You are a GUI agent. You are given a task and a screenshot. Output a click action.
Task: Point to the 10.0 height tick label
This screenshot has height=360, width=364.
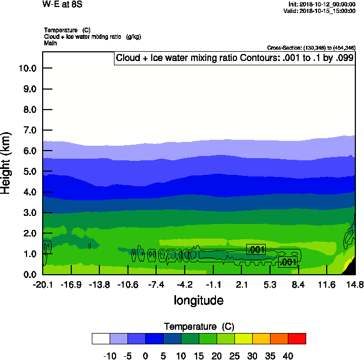coord(27,69)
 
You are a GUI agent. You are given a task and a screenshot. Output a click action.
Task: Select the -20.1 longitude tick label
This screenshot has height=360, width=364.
coord(43,284)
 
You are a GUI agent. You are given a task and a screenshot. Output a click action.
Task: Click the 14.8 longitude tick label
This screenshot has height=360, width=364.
coord(355,284)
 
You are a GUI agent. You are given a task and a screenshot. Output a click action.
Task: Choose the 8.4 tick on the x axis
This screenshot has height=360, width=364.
coord(299,284)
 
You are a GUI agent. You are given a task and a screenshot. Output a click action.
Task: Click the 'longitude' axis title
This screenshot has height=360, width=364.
coord(198,300)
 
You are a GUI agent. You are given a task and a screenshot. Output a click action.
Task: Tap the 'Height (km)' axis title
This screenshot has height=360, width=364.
coord(6,162)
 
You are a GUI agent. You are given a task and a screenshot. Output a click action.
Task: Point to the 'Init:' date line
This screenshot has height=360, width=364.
coord(322,4)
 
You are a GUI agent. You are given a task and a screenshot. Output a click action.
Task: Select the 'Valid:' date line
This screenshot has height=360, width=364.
coord(322,11)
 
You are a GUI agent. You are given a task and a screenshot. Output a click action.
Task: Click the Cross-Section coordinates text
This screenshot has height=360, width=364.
coord(311,47)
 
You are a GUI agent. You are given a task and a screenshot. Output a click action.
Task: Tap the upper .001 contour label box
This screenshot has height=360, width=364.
coord(256,249)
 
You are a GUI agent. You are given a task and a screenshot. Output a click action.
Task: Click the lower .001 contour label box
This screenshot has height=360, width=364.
coord(287,262)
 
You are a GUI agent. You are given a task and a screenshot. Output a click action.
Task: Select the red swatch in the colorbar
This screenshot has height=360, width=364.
coord(296,338)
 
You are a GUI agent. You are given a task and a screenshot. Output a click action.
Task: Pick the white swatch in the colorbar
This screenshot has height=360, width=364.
coord(100,338)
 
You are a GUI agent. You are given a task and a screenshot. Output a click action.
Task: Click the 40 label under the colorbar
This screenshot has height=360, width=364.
coord(287,356)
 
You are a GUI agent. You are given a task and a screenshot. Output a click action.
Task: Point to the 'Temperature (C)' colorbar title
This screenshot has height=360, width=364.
coord(198,327)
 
